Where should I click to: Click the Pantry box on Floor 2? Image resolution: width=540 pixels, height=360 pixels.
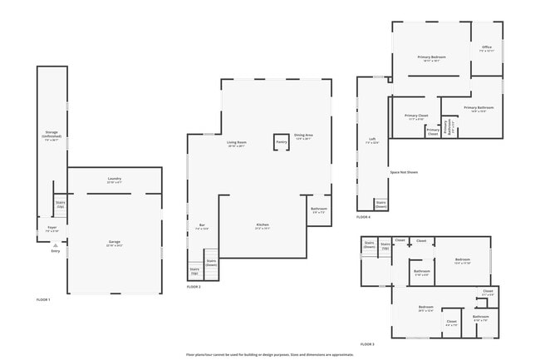(282, 143)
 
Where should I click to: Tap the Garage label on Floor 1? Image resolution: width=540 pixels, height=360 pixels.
(114, 243)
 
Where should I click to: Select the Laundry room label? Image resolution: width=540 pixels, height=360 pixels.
(114, 180)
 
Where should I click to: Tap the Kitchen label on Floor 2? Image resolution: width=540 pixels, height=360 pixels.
(263, 225)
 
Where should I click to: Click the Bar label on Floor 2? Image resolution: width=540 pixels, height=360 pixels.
(202, 225)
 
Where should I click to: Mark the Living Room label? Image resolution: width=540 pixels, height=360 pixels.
(237, 143)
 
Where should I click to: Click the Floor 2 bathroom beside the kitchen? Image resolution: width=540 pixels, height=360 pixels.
(319, 210)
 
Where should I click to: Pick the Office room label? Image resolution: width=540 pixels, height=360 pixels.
(487, 48)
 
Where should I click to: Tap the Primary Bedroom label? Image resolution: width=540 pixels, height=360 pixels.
(432, 57)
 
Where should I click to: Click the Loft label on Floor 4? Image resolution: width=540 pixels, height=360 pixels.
(372, 140)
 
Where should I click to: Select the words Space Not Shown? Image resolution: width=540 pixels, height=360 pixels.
(404, 172)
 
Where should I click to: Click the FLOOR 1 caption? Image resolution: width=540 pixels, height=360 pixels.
(43, 298)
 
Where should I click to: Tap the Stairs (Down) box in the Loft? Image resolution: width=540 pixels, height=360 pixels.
(380, 203)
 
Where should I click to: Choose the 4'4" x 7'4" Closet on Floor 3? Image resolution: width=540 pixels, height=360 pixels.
(451, 323)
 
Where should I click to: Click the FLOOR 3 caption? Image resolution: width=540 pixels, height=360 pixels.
(367, 343)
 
